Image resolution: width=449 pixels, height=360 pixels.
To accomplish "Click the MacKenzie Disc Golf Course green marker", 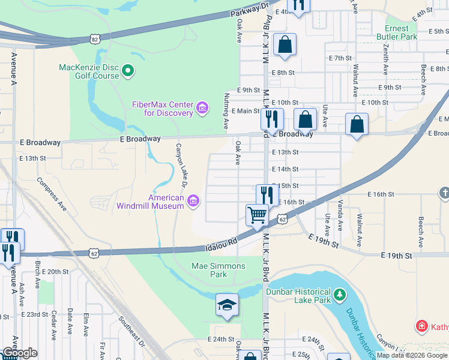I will point(127,72).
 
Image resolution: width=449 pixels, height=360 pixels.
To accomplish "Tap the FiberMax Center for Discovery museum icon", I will point(202,109).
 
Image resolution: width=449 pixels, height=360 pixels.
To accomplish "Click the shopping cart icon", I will point(257,215).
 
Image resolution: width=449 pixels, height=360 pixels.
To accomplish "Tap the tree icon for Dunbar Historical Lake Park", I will point(340,295).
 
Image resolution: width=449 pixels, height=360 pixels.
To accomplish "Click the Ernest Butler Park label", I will point(396,32).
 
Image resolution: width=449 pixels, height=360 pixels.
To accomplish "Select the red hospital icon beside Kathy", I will point(422,327).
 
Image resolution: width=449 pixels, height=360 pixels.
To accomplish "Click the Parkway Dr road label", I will point(250,10).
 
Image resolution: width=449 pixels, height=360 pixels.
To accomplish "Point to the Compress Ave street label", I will point(52,194).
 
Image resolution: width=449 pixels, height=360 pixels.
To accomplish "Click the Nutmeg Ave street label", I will point(226,111).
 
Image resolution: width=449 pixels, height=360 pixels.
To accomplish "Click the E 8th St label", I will point(283,73).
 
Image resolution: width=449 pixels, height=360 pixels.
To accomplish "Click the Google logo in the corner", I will point(19,353).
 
